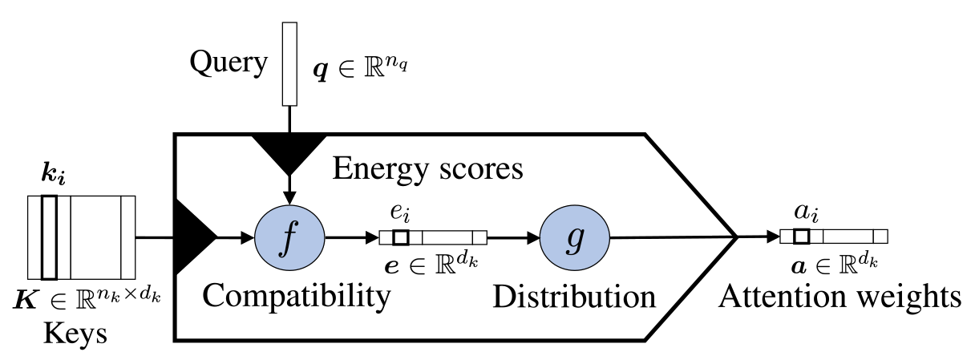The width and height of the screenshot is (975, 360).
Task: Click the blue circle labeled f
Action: click(289, 237)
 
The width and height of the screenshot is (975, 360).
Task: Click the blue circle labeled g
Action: click(574, 237)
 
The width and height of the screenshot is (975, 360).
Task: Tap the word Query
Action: click(229, 63)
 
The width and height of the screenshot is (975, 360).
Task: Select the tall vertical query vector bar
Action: click(289, 64)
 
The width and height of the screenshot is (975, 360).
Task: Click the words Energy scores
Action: click(427, 168)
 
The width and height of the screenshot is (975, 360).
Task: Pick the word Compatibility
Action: click(296, 296)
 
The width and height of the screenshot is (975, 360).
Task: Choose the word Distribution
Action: click(573, 296)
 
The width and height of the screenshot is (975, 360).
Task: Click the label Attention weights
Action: click(839, 296)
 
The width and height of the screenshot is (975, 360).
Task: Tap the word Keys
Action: click(76, 333)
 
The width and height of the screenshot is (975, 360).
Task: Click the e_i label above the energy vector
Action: click(399, 214)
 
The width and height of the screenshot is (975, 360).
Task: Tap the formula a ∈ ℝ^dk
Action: click(835, 262)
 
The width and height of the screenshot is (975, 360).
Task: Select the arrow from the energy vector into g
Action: click(513, 237)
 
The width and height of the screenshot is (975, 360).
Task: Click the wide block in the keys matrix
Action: click(95, 237)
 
